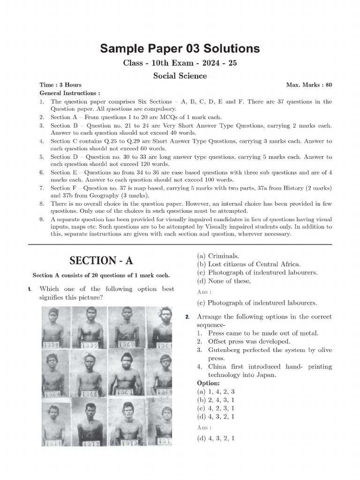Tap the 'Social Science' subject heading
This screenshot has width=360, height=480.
pos(180,75)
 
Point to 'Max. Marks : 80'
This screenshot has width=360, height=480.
pos(309,85)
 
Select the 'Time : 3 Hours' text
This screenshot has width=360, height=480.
pos(60,85)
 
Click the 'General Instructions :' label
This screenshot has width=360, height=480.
pos(70,93)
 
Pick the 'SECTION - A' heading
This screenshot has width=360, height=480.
pos(101,261)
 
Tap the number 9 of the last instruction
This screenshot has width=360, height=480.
pos(42,219)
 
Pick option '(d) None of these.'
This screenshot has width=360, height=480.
pos(224,281)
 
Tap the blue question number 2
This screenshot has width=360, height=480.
pos(187,317)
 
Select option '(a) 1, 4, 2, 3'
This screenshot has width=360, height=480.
pos(216,391)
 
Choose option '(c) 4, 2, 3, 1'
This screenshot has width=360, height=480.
pos(216,408)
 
